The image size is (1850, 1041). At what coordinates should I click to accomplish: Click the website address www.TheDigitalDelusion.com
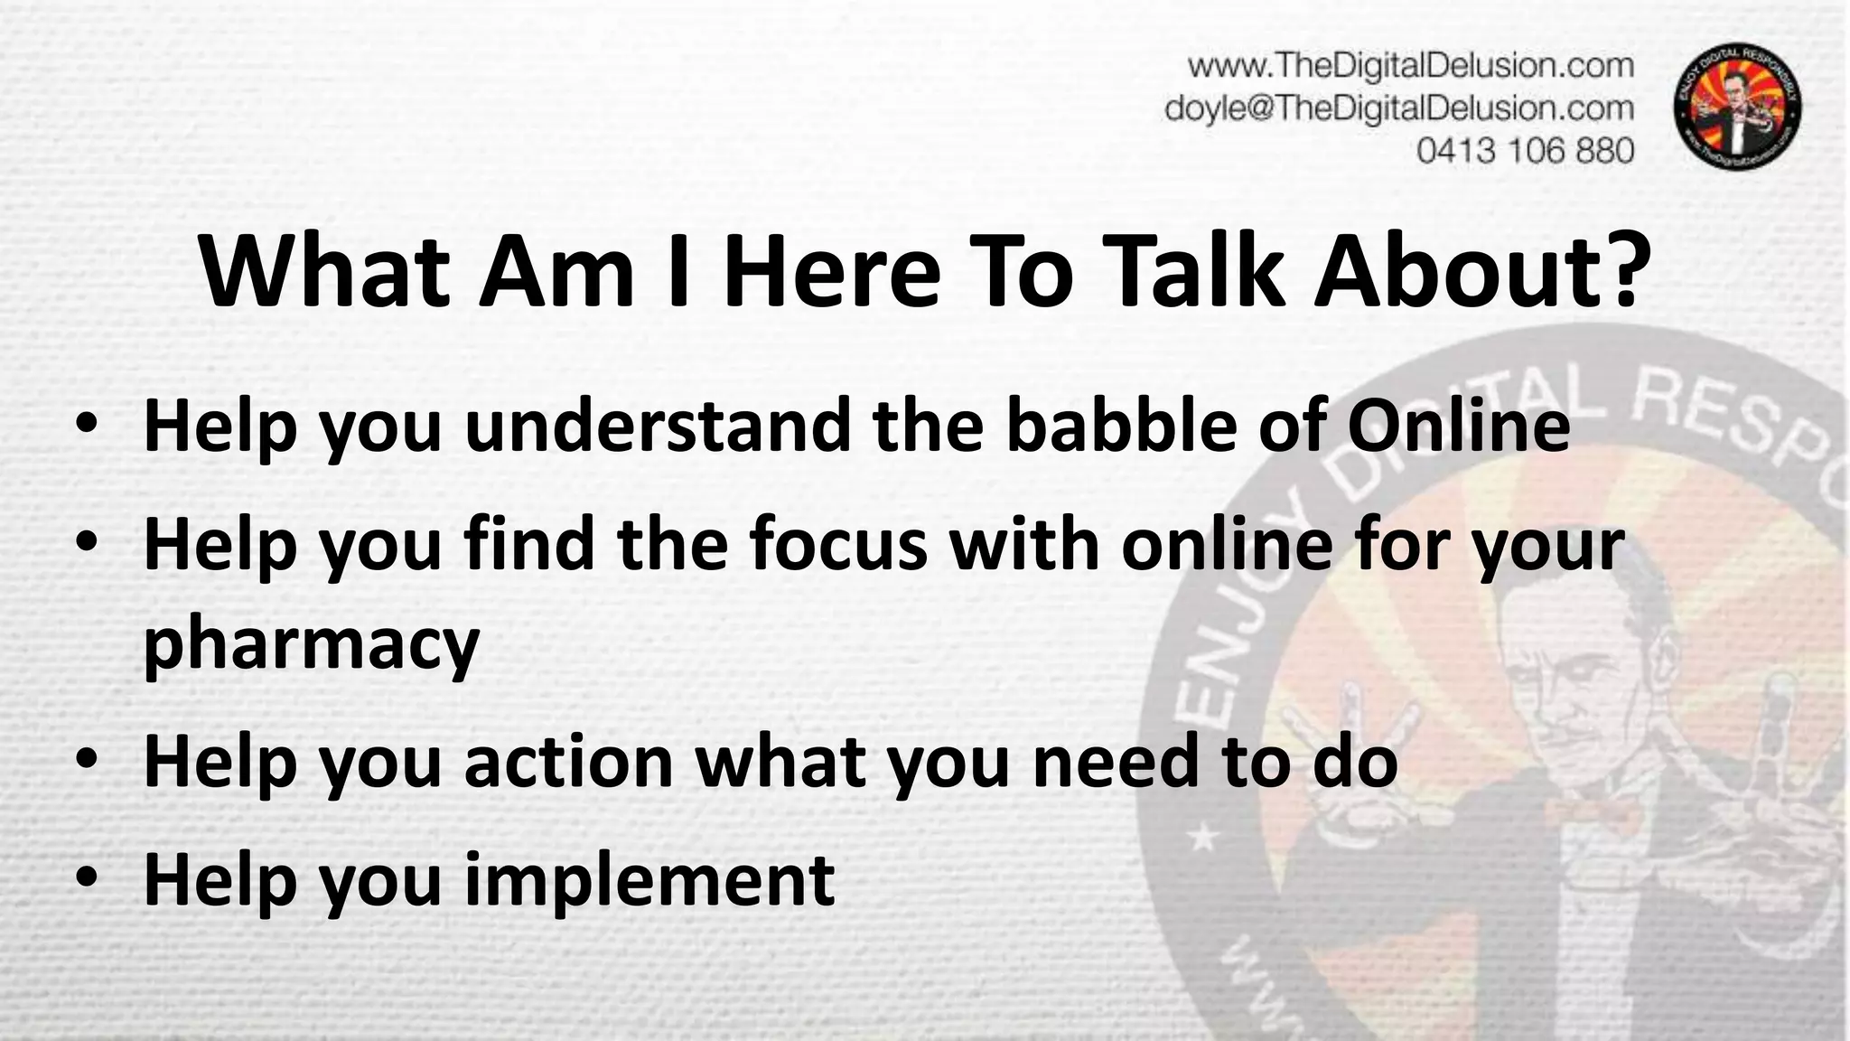coord(1410,66)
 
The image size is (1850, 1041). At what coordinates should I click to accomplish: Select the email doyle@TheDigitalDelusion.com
coord(1399,108)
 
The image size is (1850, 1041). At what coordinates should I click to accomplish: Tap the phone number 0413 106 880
coord(1525,150)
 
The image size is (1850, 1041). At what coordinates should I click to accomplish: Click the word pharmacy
coord(311,646)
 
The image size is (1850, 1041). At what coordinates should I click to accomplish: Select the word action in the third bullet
coord(569,761)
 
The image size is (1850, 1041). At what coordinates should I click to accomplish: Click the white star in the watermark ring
coord(1202,840)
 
